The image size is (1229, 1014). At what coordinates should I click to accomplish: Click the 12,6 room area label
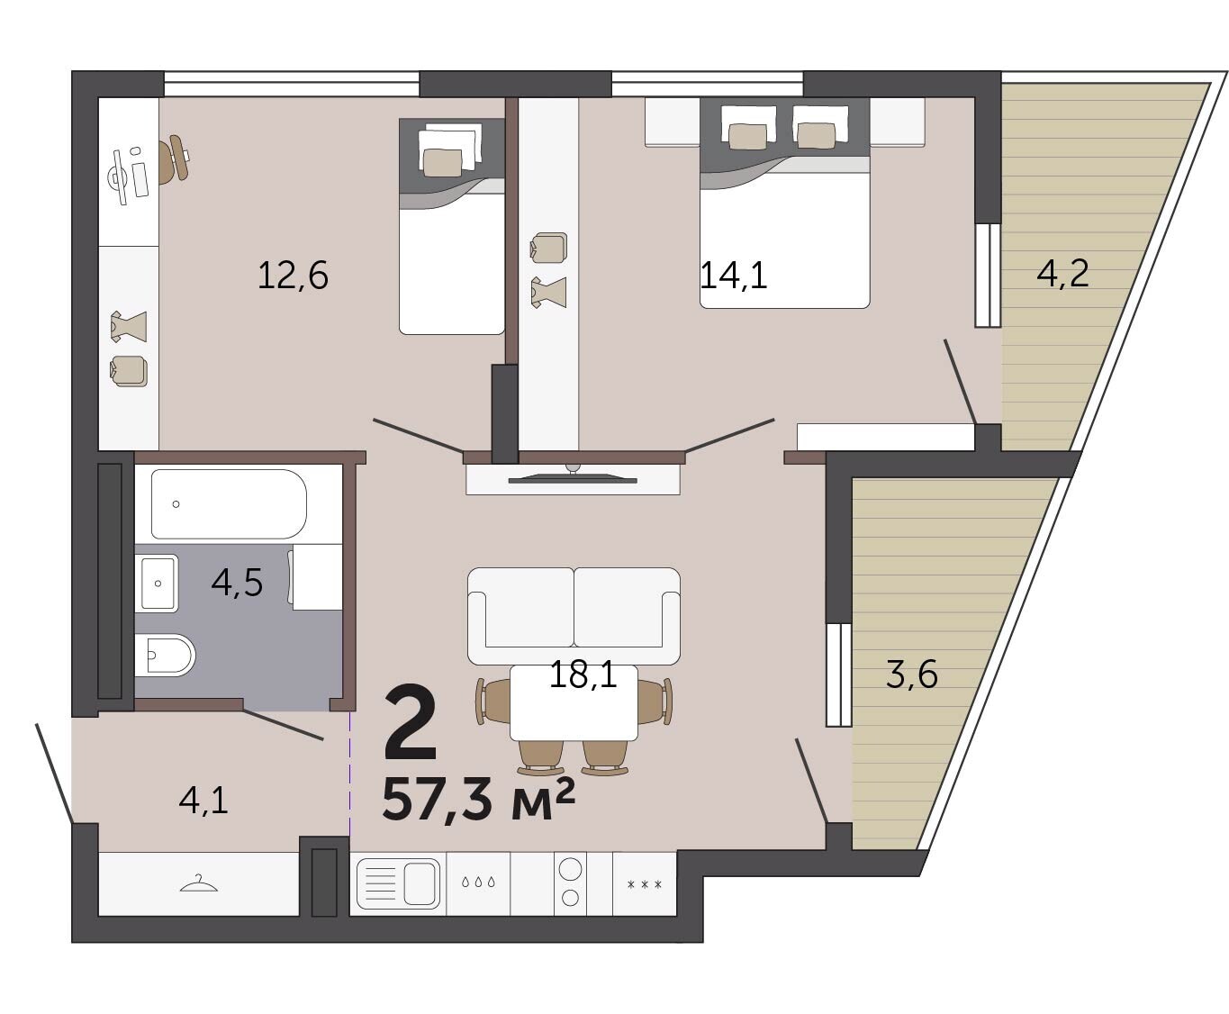293,276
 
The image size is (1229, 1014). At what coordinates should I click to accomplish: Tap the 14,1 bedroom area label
734,276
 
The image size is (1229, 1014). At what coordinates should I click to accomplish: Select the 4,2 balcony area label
1062,274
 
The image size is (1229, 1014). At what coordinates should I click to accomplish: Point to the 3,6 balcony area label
912,674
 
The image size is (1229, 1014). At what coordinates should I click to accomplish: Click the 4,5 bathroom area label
237,583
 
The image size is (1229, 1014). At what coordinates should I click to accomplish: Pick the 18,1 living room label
583,674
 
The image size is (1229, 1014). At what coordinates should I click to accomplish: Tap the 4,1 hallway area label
203,801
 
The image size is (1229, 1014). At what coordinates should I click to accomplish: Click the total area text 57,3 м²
478,800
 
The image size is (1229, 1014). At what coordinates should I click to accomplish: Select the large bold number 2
410,724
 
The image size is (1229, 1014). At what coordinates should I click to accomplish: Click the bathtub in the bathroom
229,504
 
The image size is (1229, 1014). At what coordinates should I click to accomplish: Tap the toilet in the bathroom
165,655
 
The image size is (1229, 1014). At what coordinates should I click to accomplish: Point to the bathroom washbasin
157,584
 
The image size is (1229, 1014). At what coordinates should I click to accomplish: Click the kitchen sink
398,883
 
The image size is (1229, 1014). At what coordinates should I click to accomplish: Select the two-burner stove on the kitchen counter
570,883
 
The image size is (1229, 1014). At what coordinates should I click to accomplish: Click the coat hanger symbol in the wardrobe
199,883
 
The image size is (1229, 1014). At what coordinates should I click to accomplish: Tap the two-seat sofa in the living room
574,616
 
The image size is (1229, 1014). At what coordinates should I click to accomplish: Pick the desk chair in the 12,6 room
175,158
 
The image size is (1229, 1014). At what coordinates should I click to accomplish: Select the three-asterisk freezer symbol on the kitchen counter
645,883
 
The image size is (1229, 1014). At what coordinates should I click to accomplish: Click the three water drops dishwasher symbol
478,883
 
